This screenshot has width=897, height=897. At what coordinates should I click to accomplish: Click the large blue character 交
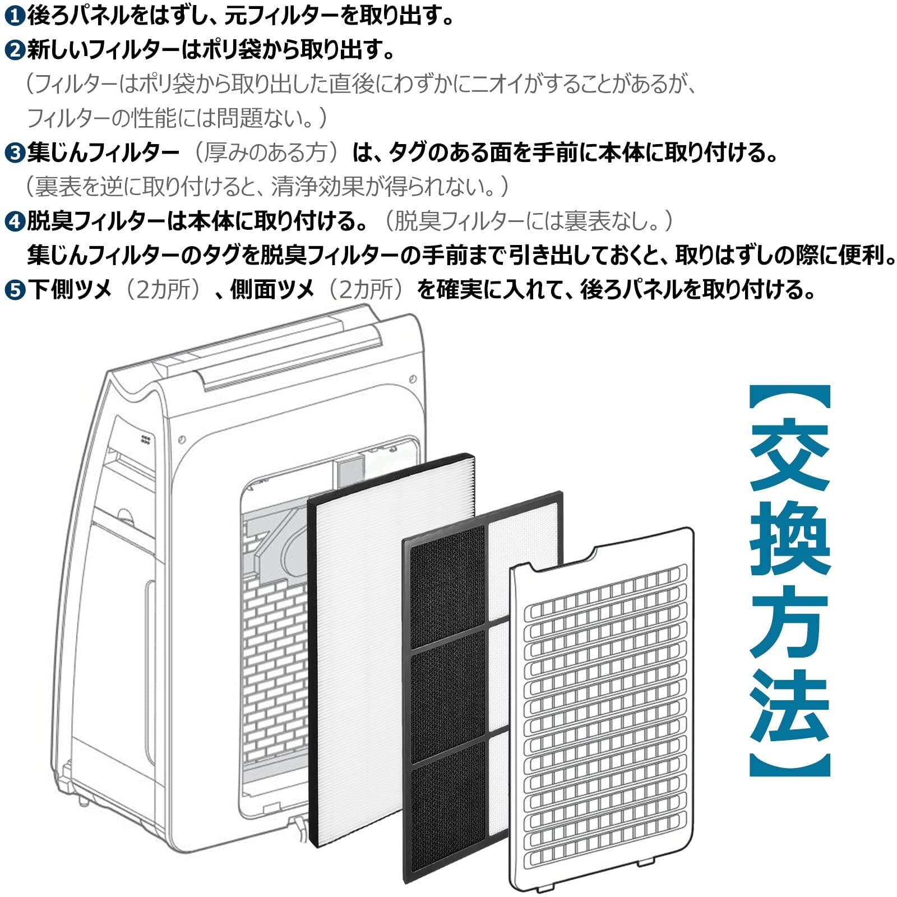[x=789, y=455]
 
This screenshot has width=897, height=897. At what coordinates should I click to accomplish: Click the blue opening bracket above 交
[x=789, y=398]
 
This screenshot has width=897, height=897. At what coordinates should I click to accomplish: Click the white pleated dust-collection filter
[x=359, y=645]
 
